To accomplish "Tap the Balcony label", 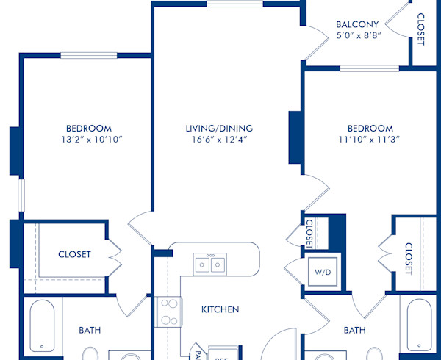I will (357, 24).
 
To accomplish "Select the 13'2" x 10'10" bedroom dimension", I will (88, 140).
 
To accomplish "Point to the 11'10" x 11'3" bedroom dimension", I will (370, 140).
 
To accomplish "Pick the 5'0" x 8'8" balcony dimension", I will (357, 35).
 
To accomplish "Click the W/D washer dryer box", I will (322, 272).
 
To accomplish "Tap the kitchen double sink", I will (210, 264).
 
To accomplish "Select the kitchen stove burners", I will (168, 312).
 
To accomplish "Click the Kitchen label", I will (220, 309).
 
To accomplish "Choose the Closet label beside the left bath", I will (74, 254).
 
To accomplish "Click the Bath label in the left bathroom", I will (90, 330).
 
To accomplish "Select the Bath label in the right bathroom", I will (354, 330).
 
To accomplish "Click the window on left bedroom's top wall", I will (88, 55).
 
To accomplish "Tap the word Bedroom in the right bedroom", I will (370, 128).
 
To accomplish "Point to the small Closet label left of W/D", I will (309, 232).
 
